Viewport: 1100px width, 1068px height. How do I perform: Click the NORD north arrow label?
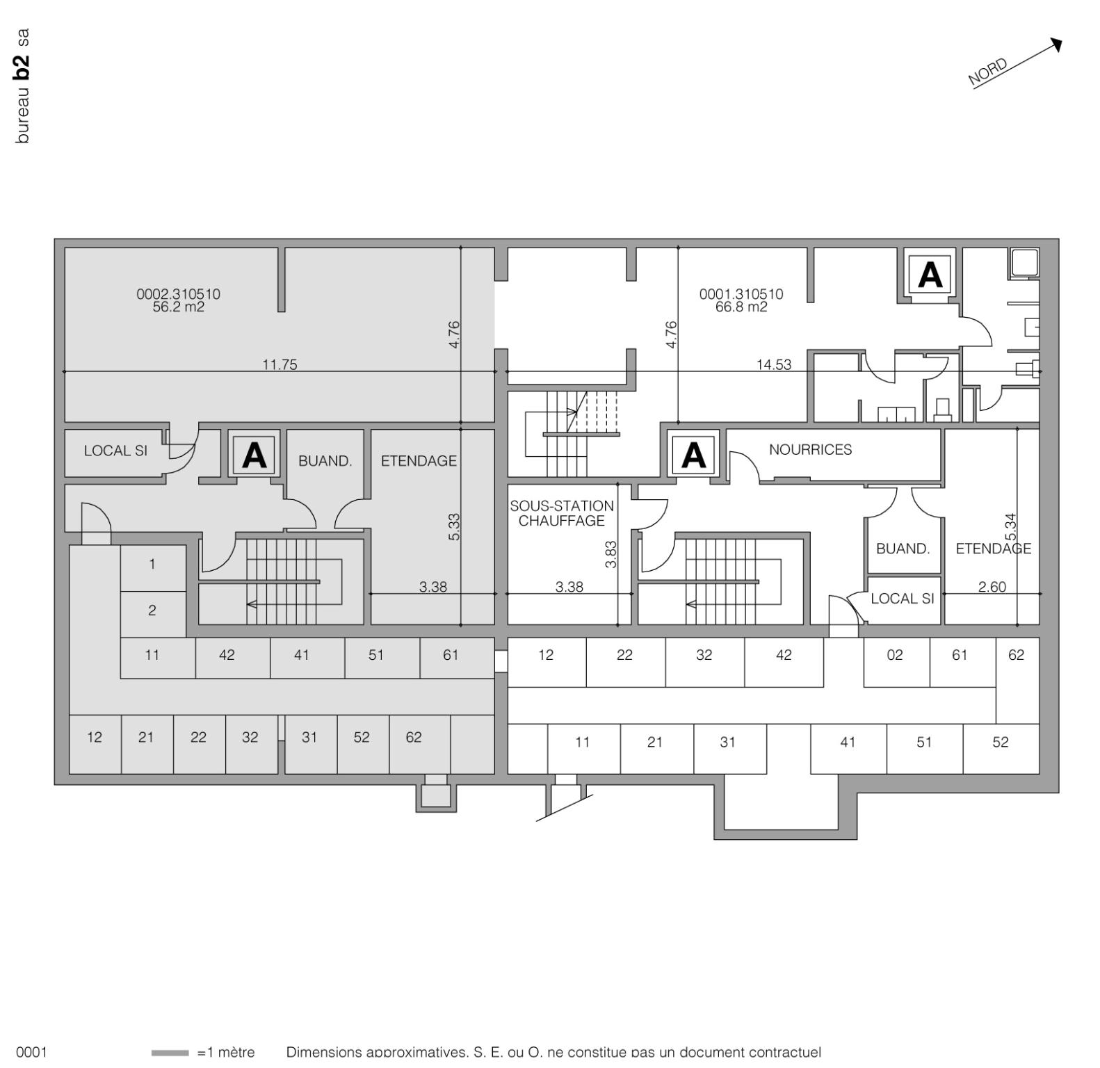(987, 72)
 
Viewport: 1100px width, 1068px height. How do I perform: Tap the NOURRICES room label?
(810, 450)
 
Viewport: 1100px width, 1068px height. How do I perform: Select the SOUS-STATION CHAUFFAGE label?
(562, 513)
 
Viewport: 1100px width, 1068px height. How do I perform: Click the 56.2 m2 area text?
(179, 307)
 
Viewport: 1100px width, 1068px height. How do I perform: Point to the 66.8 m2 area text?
(741, 307)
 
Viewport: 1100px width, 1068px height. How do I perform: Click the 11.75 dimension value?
(280, 365)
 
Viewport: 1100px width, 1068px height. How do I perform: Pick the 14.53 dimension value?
(774, 365)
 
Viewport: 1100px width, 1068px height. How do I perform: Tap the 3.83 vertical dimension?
(611, 554)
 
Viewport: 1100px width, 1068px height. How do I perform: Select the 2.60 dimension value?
(992, 587)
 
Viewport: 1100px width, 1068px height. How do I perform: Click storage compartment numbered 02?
(895, 655)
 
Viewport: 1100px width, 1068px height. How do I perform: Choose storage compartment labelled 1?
(152, 564)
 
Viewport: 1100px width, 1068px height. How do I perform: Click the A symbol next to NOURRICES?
(693, 455)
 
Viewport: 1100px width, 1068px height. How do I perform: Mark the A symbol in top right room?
(930, 275)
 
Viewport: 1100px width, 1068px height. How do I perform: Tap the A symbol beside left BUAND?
(254, 455)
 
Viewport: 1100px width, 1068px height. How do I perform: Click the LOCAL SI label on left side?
(115, 451)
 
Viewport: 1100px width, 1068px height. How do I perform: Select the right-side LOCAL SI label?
(902, 599)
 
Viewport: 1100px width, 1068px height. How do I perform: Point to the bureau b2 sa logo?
(22, 86)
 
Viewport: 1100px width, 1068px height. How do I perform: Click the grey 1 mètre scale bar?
(170, 1053)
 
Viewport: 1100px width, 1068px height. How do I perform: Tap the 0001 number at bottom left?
(31, 1052)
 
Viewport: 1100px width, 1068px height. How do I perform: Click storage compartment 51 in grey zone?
(375, 655)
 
